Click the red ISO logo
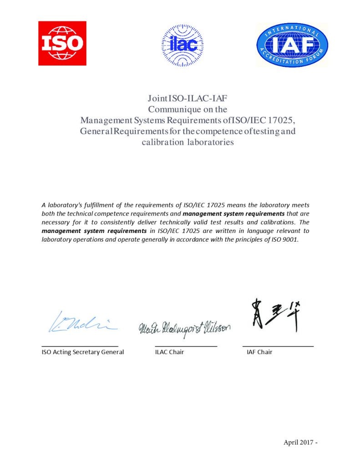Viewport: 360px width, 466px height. point(62,43)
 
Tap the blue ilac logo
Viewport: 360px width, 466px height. point(183,45)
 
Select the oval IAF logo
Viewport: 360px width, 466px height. point(292,45)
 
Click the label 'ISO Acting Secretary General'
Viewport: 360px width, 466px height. point(83,352)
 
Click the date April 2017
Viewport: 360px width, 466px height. point(298,442)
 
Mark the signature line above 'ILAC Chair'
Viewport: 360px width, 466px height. point(186,346)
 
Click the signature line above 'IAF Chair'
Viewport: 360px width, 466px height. point(278,346)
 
